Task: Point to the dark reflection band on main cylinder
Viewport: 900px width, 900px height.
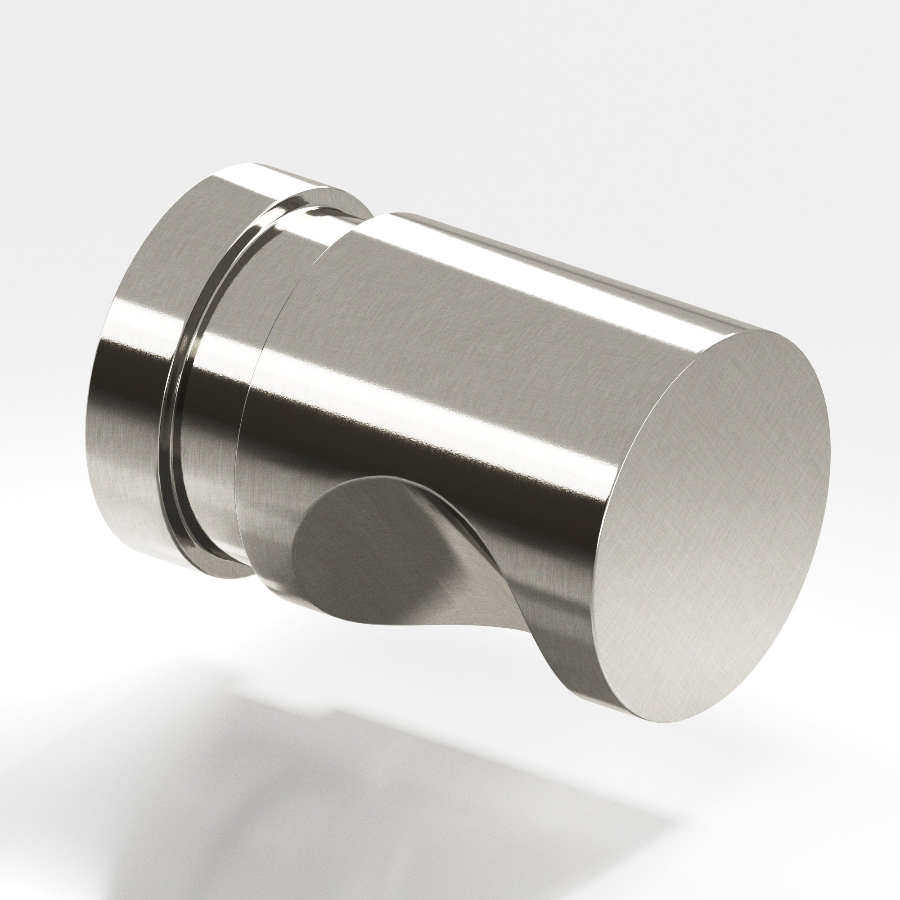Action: pos(419,447)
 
